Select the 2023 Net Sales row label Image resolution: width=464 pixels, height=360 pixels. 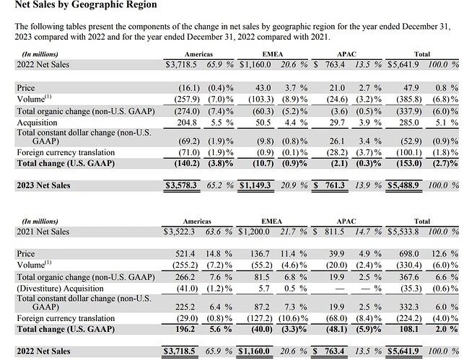[44, 185]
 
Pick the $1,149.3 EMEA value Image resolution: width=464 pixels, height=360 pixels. [256, 185]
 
